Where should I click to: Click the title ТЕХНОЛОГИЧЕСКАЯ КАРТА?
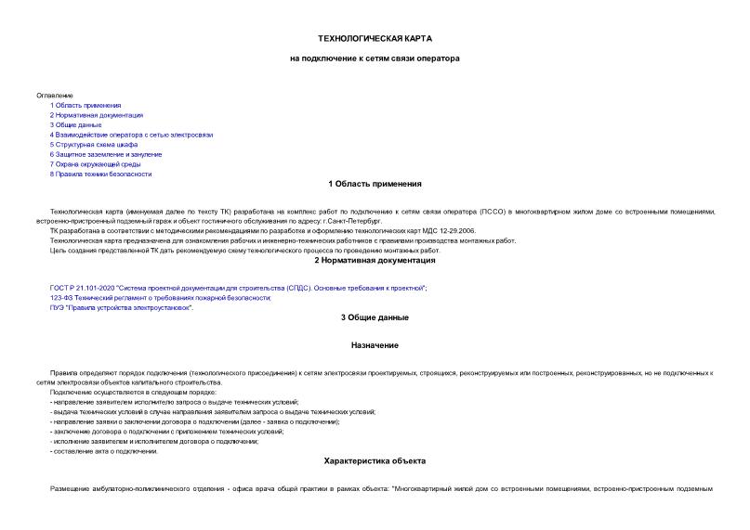pos(375,38)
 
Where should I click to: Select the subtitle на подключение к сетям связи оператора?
pos(375,58)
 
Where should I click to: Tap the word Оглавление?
pos(53,96)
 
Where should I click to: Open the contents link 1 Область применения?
pos(86,106)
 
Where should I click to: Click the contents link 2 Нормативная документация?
pos(97,116)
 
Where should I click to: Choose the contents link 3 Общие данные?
pos(76,125)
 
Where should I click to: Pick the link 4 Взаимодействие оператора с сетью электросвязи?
pos(132,135)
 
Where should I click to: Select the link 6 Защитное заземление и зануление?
pos(106,154)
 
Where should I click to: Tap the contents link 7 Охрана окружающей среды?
pos(98,164)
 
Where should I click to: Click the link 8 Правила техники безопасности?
pos(100,174)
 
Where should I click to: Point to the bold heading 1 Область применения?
pos(375,184)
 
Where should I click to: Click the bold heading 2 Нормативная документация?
pos(375,261)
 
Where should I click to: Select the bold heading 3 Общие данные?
pos(375,318)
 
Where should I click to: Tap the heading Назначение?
pos(375,345)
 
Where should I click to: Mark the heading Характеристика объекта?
pos(375,460)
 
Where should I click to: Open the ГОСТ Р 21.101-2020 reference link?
pos(238,289)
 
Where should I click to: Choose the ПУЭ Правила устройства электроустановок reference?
pos(122,307)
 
